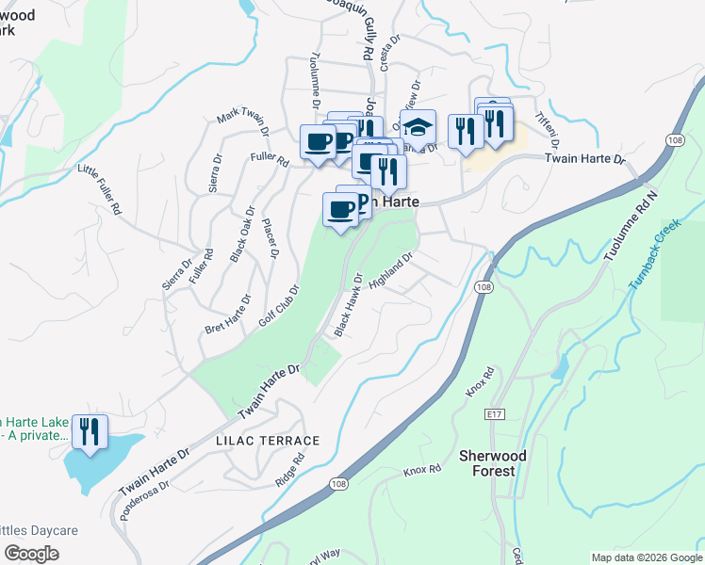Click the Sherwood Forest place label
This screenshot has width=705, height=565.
click(x=487, y=462)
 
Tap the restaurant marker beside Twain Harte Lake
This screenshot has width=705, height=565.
click(x=90, y=431)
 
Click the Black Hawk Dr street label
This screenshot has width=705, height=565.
click(x=348, y=304)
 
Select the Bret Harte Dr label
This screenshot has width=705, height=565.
click(x=228, y=315)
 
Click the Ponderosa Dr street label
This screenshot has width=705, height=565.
click(x=145, y=499)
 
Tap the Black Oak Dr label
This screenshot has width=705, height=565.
click(x=241, y=234)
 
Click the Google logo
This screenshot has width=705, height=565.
click(x=31, y=554)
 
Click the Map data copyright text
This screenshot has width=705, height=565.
click(x=647, y=557)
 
